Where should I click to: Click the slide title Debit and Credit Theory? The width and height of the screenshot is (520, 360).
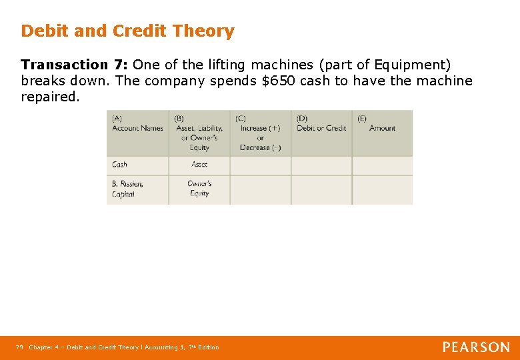[127, 31]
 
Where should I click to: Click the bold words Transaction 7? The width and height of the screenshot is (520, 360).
[73, 65]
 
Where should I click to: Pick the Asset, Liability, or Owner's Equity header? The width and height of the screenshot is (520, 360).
[199, 133]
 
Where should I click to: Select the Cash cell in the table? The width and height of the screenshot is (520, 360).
[120, 165]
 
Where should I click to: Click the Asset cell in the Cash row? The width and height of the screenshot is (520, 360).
[199, 165]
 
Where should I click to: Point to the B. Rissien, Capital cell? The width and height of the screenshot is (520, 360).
[127, 189]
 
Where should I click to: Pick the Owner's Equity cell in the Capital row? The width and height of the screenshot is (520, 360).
[199, 189]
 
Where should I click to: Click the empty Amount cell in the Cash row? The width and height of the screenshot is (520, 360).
[382, 165]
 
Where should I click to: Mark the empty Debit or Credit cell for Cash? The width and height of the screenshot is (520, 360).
[321, 165]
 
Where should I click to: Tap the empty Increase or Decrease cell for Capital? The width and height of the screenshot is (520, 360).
[261, 189]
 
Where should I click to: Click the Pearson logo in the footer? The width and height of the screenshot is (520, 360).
[476, 347]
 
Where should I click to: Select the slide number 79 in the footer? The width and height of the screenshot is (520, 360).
[19, 347]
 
